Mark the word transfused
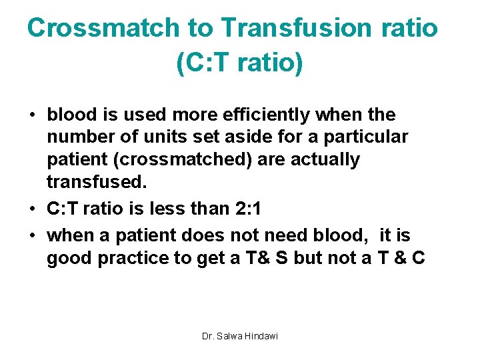pyautogui.click(x=87, y=182)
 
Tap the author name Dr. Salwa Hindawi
pyautogui.click(x=239, y=336)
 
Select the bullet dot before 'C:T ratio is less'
pyautogui.click(x=32, y=209)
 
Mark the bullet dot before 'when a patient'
pyautogui.click(x=32, y=236)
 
